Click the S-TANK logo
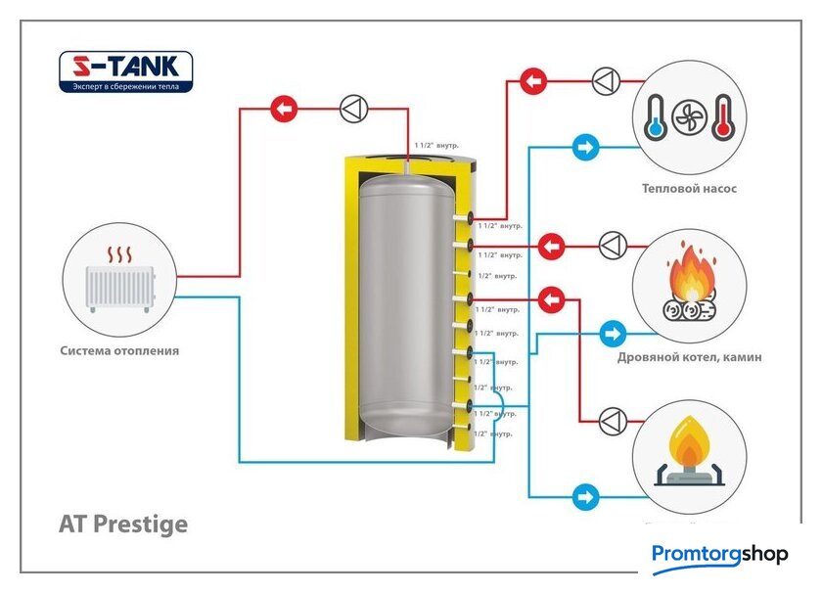coord(126,72)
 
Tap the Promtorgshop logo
coord(719,555)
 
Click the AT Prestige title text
coord(123,525)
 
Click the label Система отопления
coord(119,350)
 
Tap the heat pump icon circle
coord(689,116)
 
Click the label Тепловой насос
coord(689,189)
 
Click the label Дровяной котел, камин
coord(689,357)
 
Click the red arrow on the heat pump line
coord(533,80)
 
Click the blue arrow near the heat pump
coord(585,149)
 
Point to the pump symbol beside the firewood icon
coord(613,245)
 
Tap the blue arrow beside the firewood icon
coord(613,334)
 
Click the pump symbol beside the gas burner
coord(613,421)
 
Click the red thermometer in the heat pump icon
coord(723,116)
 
